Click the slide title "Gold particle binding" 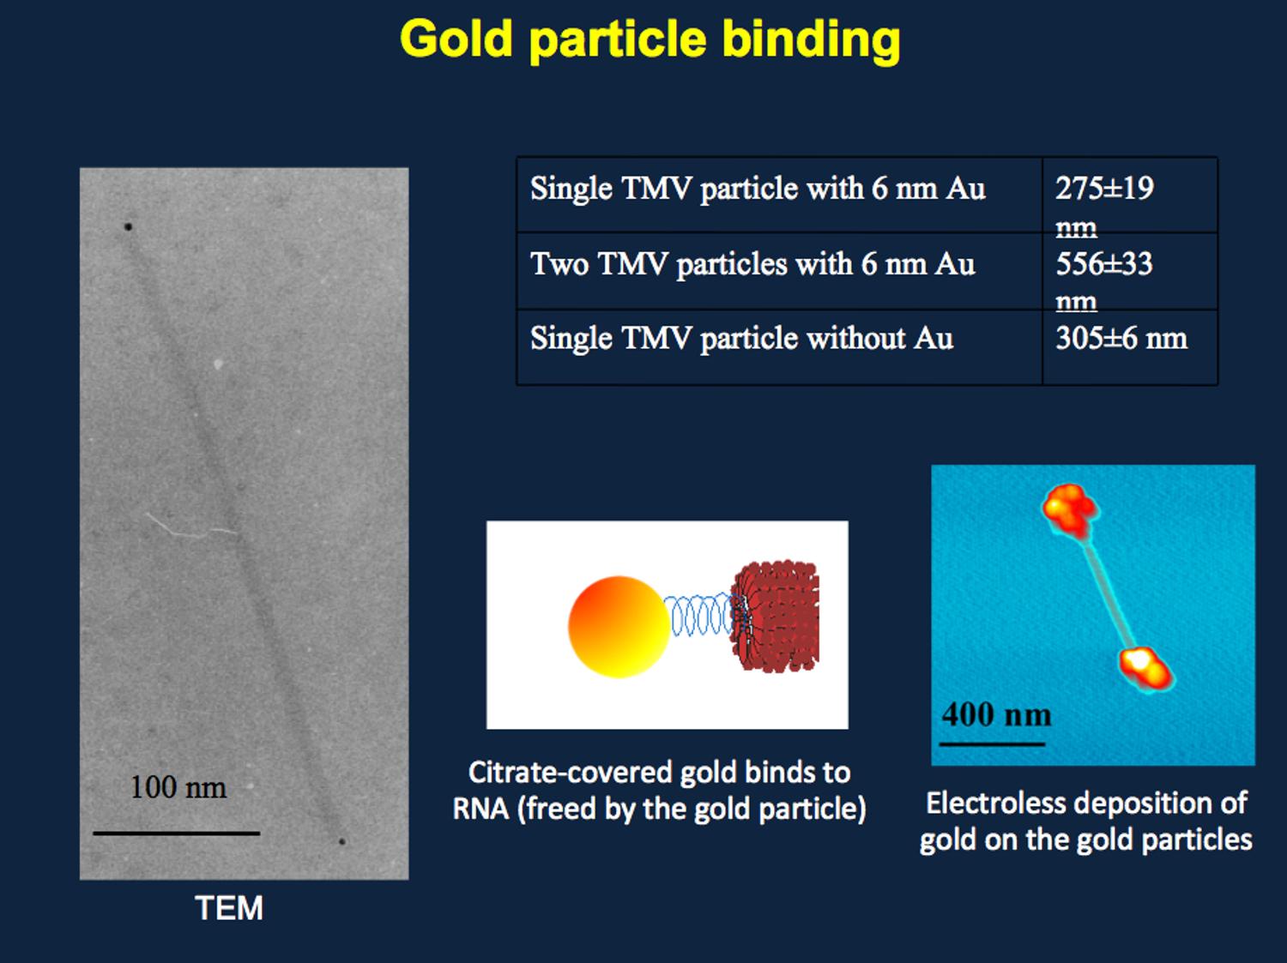(650, 39)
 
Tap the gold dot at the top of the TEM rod (128, 226)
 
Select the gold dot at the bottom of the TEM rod (341, 842)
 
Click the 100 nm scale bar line (177, 833)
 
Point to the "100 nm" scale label (178, 787)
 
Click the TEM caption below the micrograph (229, 908)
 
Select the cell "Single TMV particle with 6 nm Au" (758, 189)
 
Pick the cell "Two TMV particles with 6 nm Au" (752, 264)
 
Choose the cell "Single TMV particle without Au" (741, 339)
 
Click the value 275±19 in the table (1104, 189)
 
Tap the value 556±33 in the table (1104, 263)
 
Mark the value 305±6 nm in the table (1121, 338)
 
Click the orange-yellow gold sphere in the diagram (619, 627)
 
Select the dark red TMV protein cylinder (775, 617)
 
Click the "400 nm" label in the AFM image (996, 714)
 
